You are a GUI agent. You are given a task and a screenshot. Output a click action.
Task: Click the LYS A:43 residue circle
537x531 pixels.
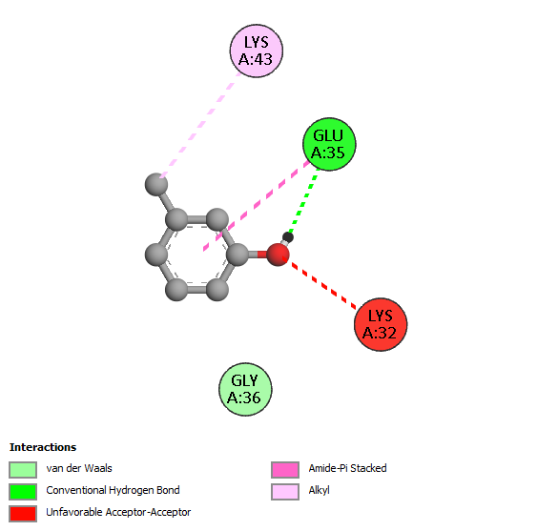(x=257, y=51)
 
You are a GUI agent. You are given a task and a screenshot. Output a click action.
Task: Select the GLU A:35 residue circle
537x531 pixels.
(x=329, y=144)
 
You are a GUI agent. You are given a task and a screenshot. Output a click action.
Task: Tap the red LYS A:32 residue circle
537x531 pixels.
(x=381, y=324)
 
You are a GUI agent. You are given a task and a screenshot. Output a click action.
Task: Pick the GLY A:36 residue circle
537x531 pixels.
(x=245, y=389)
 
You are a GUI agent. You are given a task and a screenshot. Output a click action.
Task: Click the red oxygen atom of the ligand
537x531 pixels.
(x=278, y=255)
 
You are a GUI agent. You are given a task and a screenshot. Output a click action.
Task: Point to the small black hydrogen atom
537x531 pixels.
(x=288, y=237)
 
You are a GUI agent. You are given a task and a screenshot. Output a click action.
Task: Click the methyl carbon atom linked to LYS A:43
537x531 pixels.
(x=156, y=185)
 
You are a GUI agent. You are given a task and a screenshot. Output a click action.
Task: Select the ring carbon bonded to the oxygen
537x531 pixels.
(x=238, y=255)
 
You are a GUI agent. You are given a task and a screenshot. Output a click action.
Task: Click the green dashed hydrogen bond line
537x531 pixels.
(x=303, y=200)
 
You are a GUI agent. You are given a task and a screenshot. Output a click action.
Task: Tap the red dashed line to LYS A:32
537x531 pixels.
(x=320, y=283)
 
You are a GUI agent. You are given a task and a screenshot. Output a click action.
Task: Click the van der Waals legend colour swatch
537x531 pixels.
(x=23, y=470)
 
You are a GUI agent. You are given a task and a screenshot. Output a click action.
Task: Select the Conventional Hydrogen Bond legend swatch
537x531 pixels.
(x=23, y=492)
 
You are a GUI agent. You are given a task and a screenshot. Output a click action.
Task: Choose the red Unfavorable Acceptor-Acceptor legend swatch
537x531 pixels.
(x=23, y=514)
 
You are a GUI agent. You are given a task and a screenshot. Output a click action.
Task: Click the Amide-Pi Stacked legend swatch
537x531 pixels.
(x=285, y=470)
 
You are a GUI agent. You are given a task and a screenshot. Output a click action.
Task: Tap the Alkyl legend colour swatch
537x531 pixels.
(x=285, y=492)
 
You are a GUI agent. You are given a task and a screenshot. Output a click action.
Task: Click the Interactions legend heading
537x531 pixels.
(x=43, y=447)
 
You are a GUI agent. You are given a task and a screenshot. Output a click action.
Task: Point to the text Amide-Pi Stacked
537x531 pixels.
(x=347, y=468)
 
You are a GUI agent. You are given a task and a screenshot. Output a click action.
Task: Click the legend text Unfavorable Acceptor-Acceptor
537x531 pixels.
(x=118, y=512)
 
